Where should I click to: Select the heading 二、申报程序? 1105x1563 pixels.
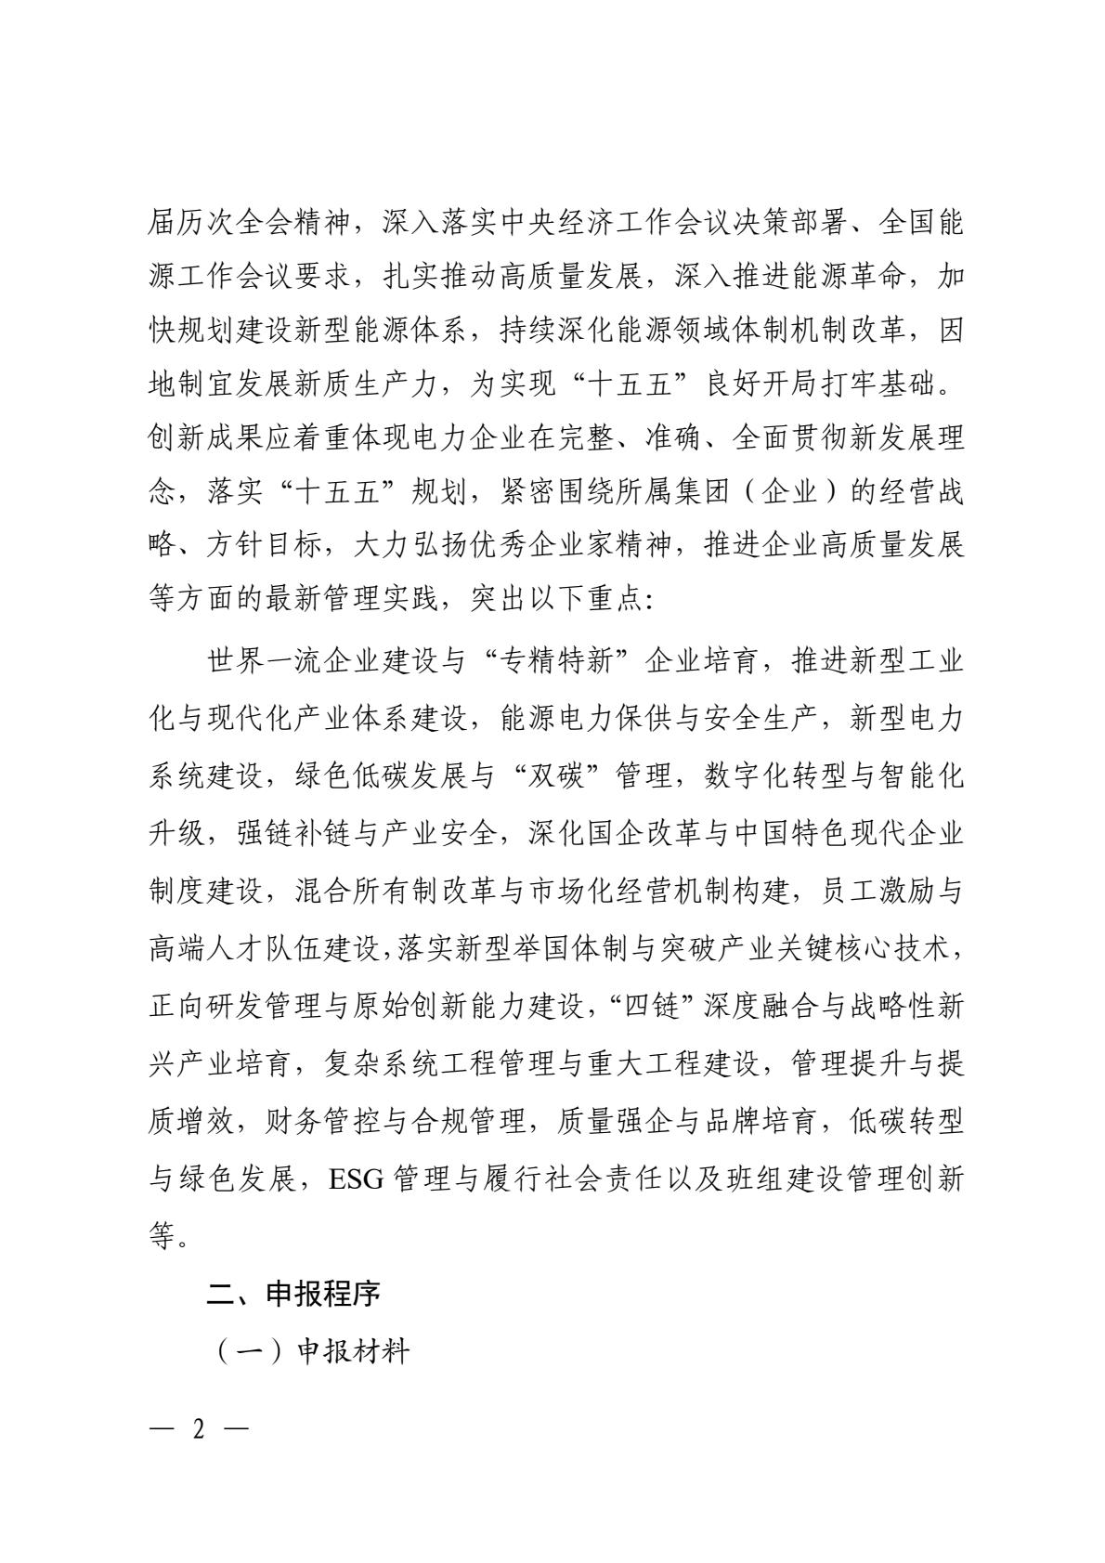292,1294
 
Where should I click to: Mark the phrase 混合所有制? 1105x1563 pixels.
396,891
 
